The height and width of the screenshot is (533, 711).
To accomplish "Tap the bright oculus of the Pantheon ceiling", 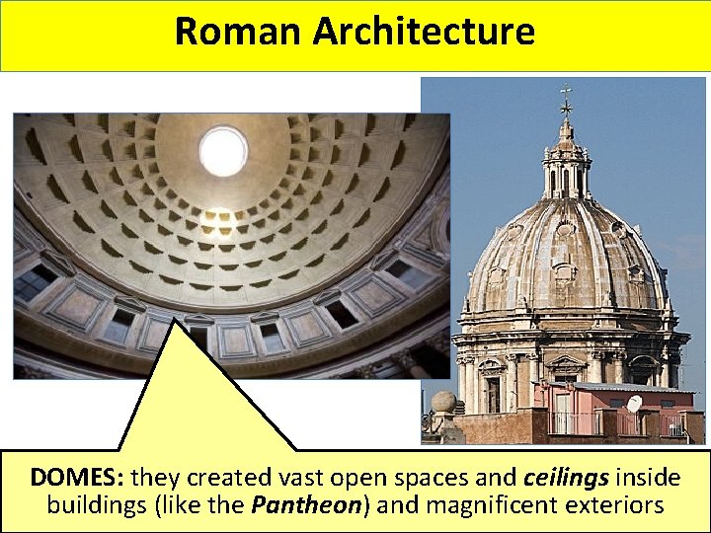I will [223, 151].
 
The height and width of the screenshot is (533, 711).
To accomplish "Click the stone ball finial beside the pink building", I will [444, 403].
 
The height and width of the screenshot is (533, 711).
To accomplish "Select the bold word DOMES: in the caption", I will [77, 478].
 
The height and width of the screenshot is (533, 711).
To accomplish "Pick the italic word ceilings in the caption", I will [566, 478].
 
